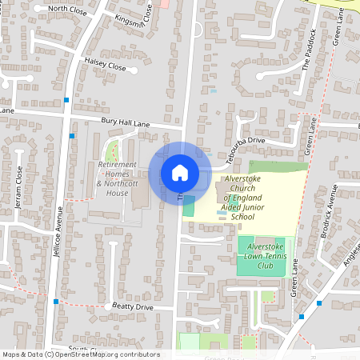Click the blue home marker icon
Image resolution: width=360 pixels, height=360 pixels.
coord(180,173)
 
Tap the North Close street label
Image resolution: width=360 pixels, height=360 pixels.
coord(68,9)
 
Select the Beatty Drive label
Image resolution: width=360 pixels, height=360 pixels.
coord(133,307)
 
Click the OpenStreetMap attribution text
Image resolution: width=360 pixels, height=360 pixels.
coord(80,354)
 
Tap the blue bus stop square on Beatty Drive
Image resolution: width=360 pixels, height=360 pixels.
coord(56,301)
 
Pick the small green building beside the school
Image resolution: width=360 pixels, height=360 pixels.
coord(189,205)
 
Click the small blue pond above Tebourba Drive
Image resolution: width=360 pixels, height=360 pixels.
coord(213,91)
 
